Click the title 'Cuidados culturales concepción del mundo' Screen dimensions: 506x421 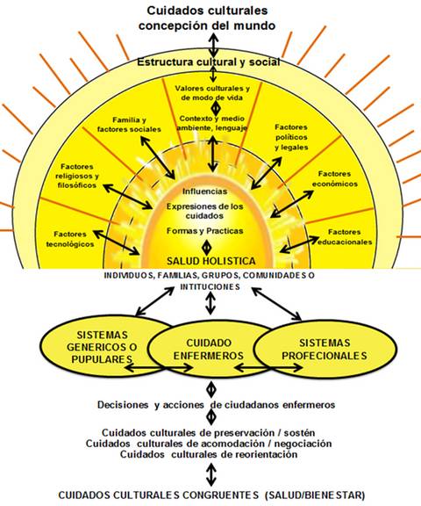pyautogui.click(x=208, y=18)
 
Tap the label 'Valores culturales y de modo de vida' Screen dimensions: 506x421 pyautogui.click(x=213, y=94)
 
